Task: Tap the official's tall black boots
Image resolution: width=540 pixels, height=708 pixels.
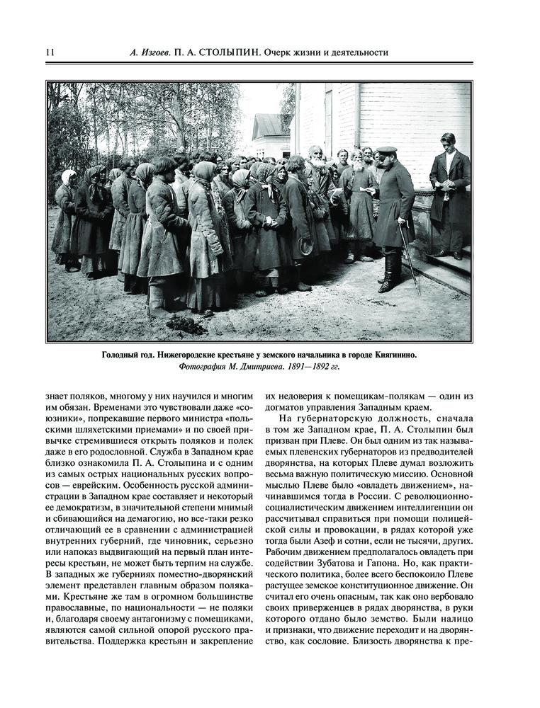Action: click(388, 273)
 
